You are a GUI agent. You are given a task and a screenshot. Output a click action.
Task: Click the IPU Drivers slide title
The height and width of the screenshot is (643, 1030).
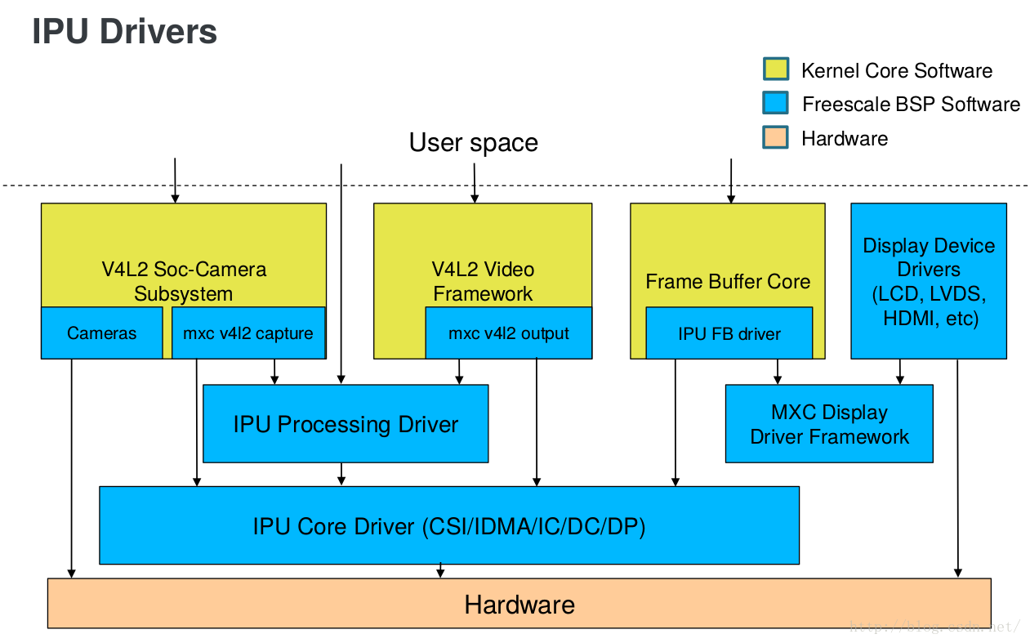[124, 32]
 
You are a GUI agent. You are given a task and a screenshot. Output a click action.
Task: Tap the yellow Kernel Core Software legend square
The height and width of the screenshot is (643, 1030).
[775, 69]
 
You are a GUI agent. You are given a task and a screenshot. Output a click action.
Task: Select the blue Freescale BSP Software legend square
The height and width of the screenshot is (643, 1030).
[775, 103]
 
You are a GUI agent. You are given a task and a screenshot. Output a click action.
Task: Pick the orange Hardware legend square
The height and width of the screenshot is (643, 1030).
[775, 137]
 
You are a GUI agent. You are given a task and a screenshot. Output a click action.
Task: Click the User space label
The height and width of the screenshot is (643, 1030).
[473, 143]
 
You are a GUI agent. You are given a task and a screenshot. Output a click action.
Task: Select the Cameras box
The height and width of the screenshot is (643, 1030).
[101, 333]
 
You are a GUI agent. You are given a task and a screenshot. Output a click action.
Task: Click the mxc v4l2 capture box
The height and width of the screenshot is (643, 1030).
[247, 333]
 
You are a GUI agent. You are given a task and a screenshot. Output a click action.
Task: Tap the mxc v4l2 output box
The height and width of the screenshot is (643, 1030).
[508, 333]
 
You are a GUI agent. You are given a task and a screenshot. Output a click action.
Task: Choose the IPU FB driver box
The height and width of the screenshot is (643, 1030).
[729, 333]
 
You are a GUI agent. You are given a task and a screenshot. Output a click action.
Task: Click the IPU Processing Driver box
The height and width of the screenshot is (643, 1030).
[345, 424]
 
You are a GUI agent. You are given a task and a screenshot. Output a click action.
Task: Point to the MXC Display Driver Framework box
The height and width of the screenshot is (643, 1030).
[828, 424]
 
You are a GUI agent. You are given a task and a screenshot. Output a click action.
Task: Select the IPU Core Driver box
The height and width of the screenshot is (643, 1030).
[448, 526]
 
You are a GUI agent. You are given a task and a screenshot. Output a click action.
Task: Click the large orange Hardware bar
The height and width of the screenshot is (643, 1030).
[519, 605]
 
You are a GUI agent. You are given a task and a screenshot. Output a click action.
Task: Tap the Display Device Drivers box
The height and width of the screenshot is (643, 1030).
[928, 280]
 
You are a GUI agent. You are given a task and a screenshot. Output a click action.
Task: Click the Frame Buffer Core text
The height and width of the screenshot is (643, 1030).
[727, 282]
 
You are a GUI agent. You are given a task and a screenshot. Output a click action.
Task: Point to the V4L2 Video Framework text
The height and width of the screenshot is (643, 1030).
[482, 281]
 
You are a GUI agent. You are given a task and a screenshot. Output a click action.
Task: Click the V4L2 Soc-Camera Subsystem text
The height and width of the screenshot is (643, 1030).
[183, 281]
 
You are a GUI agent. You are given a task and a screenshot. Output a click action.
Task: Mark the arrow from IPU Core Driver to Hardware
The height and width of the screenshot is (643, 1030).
[441, 570]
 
